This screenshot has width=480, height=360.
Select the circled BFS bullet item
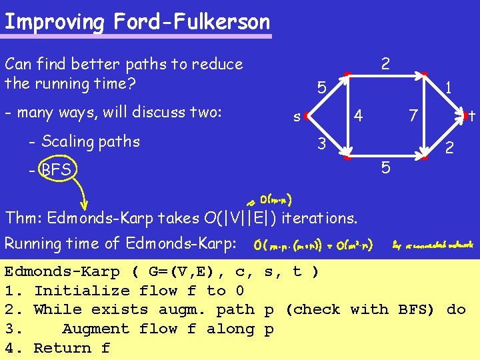point(56,170)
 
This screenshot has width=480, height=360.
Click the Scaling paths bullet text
point(84,141)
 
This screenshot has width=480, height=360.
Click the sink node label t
point(471,116)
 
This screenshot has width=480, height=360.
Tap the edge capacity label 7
point(413,116)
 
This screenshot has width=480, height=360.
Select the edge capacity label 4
point(358,115)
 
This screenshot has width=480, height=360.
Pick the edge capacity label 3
point(321,143)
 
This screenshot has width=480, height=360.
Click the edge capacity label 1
point(449,87)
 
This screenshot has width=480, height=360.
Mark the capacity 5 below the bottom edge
point(386,168)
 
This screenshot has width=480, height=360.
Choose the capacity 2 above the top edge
point(385,65)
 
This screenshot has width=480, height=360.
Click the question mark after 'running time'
point(130,84)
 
